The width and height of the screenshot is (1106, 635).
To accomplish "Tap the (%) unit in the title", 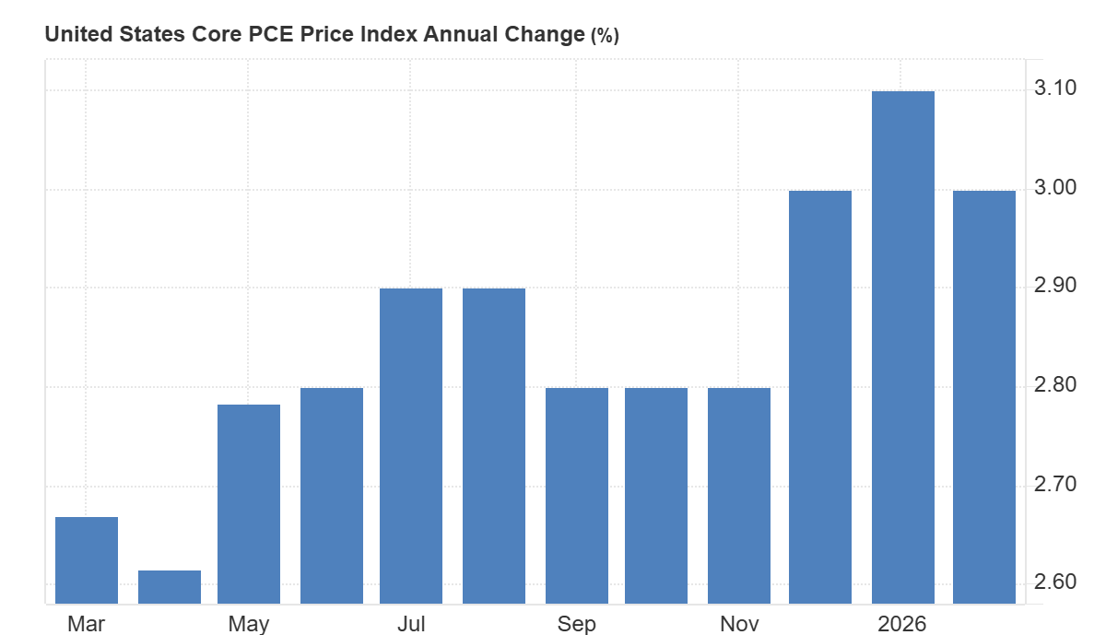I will pos(605,36).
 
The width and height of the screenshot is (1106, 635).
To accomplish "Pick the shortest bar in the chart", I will pos(170,587).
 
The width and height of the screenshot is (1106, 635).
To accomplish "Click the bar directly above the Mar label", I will pos(87,560).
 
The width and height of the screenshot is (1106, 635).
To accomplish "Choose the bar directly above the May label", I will pos(249,504).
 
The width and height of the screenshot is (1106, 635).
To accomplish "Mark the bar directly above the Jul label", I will pos(411,446).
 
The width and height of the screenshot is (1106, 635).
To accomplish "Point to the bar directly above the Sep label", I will pos(577,496).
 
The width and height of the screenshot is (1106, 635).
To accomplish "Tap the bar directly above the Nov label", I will pos(739,496).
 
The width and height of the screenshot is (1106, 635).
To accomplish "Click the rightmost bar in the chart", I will pos(984,397).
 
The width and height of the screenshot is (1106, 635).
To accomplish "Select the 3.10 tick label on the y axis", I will pos(1056,88).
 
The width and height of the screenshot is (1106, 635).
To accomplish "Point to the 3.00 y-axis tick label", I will pos(1056,188).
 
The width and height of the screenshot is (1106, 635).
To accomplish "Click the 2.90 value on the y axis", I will pos(1056,286).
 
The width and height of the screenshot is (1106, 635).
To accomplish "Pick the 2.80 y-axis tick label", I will pos(1056,385).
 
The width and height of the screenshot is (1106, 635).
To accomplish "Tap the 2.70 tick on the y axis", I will pos(1056,485).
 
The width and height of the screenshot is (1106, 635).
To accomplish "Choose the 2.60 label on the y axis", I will pos(1056,582).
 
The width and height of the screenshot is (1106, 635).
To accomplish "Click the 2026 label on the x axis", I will pos(902,624).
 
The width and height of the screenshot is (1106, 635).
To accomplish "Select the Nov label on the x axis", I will pos(739,624).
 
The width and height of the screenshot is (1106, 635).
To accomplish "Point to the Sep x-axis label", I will pos(577,624).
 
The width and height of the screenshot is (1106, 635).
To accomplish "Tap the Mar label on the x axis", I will pos(87,624).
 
